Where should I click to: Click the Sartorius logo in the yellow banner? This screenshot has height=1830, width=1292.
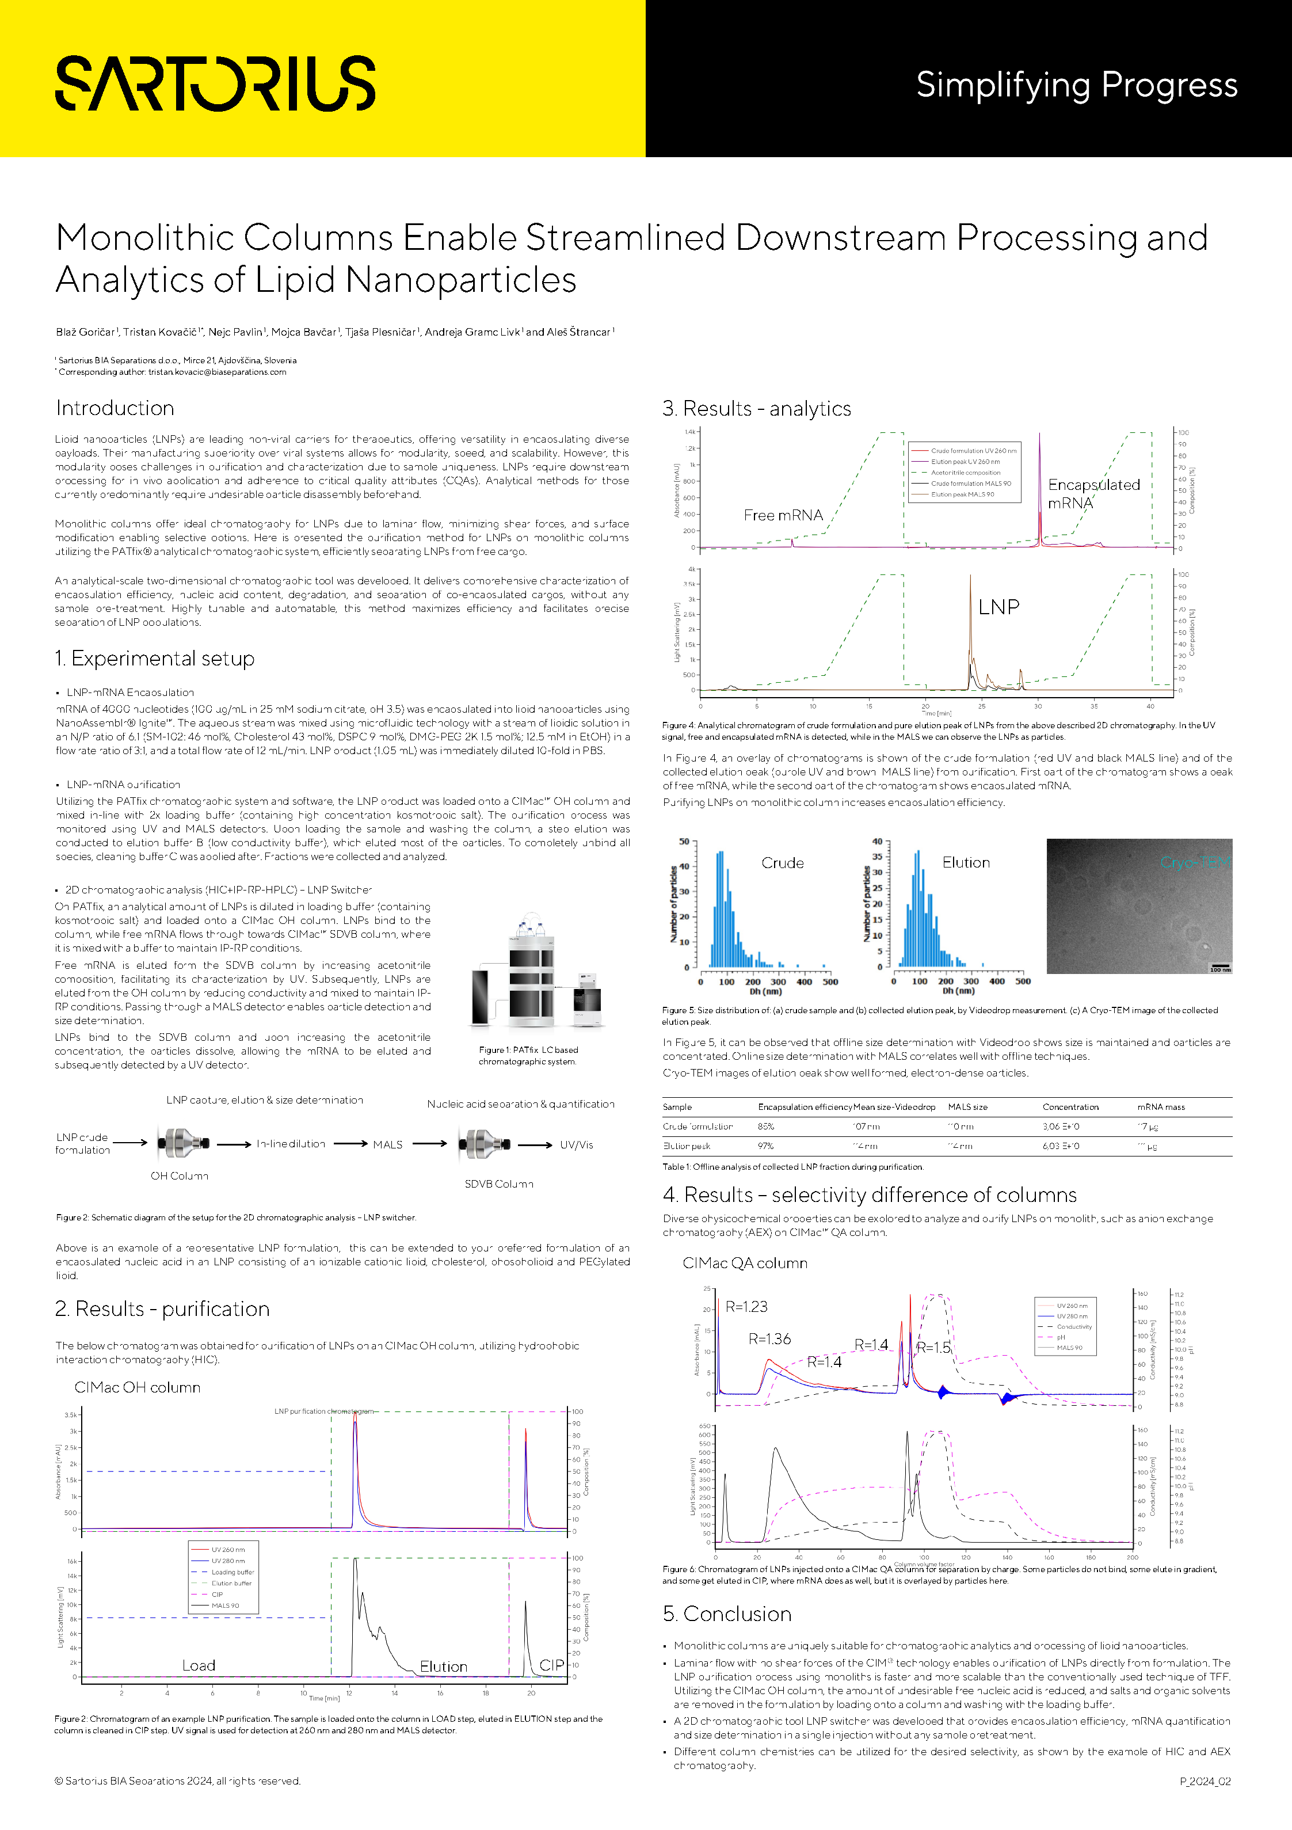pos(215,83)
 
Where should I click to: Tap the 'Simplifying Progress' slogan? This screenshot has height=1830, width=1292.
pos(1076,85)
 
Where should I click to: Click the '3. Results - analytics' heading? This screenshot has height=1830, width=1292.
pos(756,409)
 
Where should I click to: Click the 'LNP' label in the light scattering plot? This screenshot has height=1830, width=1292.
pos(998,607)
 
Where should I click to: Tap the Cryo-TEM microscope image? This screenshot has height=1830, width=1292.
pos(1139,906)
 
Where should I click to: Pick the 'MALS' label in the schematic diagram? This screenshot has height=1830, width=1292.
pos(387,1144)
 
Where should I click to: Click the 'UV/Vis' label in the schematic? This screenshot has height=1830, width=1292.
pos(576,1144)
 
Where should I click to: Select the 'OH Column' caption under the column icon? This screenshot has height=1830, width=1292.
pos(180,1175)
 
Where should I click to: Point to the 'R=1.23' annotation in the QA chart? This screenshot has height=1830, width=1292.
pos(746,1306)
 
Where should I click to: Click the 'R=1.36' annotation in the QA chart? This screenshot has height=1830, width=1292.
pos(769,1339)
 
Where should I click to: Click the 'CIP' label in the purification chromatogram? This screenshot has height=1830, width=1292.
pos(551,1665)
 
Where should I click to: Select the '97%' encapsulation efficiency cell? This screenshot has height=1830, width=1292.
pos(766,1146)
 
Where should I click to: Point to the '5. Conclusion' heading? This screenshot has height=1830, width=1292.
pos(727,1613)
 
